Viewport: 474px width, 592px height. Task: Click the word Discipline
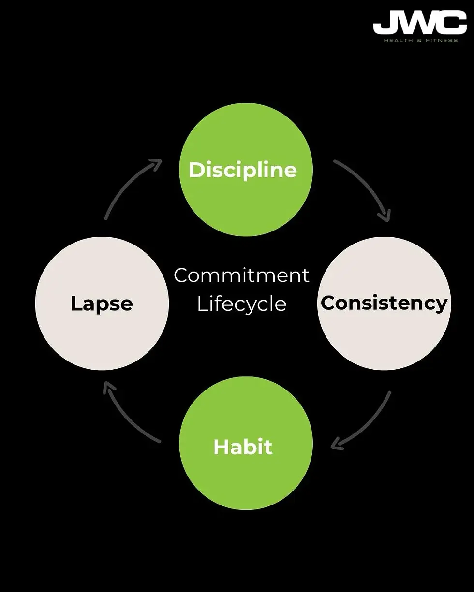click(x=243, y=170)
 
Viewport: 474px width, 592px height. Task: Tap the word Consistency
click(x=384, y=303)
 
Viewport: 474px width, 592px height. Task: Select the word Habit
click(x=243, y=447)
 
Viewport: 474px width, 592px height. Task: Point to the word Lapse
click(x=102, y=303)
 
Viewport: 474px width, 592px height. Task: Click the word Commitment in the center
click(x=241, y=275)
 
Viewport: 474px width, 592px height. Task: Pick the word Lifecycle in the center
click(x=241, y=304)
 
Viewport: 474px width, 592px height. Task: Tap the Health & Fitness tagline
click(x=420, y=40)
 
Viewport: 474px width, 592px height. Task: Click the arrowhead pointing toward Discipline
click(x=156, y=163)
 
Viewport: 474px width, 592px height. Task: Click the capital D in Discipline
click(x=196, y=170)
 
